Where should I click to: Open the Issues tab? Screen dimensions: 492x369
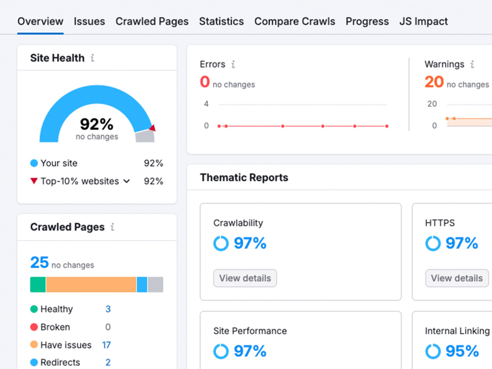click(x=90, y=21)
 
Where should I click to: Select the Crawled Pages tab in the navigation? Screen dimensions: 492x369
click(x=152, y=21)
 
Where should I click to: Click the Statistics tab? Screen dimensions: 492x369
click(x=221, y=21)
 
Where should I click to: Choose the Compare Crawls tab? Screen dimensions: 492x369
click(x=295, y=21)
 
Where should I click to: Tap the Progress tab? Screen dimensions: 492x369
click(x=367, y=21)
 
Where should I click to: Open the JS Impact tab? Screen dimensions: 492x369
click(x=424, y=21)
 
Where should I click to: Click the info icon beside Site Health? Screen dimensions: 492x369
click(x=92, y=58)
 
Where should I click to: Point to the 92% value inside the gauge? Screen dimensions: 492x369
click(x=96, y=124)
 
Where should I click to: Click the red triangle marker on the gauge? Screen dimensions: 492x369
click(x=153, y=128)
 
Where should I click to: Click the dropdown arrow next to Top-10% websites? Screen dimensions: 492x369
click(x=126, y=181)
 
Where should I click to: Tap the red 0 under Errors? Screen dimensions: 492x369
click(x=205, y=82)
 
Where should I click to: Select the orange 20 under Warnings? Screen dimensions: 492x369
click(x=434, y=82)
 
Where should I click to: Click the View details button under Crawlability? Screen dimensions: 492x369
click(x=245, y=278)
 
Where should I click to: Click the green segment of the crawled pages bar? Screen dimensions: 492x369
click(x=38, y=284)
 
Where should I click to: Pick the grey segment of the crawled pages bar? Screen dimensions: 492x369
click(x=155, y=284)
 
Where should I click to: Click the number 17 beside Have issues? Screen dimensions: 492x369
click(x=106, y=345)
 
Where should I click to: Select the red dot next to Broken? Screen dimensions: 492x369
click(x=34, y=327)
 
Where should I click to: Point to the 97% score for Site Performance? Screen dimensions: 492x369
click(x=250, y=351)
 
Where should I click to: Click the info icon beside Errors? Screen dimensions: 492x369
click(x=233, y=64)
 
